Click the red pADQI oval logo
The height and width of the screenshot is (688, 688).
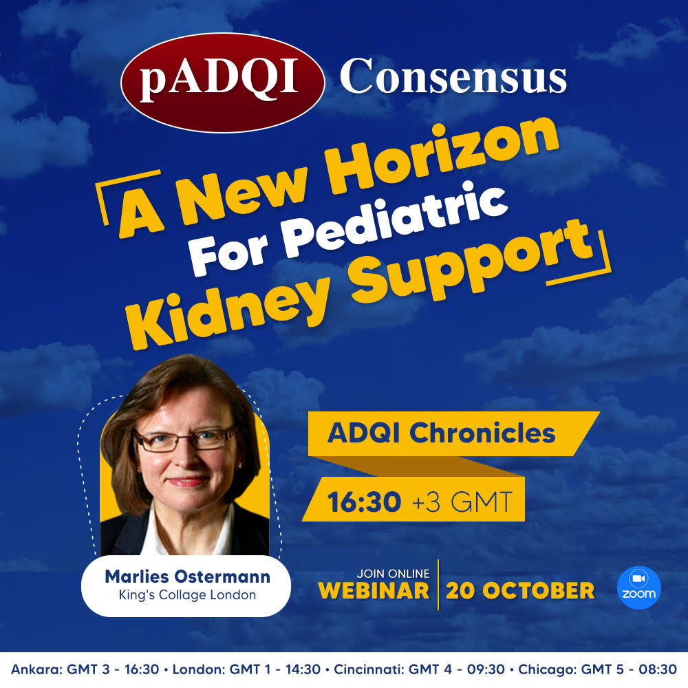pos(222,83)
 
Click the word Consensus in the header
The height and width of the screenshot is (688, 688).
pos(453,76)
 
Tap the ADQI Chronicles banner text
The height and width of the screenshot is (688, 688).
pos(442,433)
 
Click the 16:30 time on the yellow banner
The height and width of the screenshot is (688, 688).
pos(364,502)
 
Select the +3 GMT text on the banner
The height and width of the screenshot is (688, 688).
pos(462,502)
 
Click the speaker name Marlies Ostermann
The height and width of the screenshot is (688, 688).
pos(187,577)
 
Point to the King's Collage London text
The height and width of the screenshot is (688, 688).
pos(187,595)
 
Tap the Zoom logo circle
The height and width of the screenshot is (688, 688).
pos(639,587)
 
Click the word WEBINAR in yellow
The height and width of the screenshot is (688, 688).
pos(374,590)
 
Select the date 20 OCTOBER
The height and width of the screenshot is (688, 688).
pos(520,590)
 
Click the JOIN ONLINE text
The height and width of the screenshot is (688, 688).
pos(393,574)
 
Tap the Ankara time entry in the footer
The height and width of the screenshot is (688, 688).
pos(85,669)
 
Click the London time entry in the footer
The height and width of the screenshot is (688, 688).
pos(246,669)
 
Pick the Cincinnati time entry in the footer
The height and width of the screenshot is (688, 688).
pos(420,669)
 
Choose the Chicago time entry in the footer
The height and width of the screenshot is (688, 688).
pos(598,669)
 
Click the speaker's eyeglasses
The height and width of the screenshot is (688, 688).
pos(185,439)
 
